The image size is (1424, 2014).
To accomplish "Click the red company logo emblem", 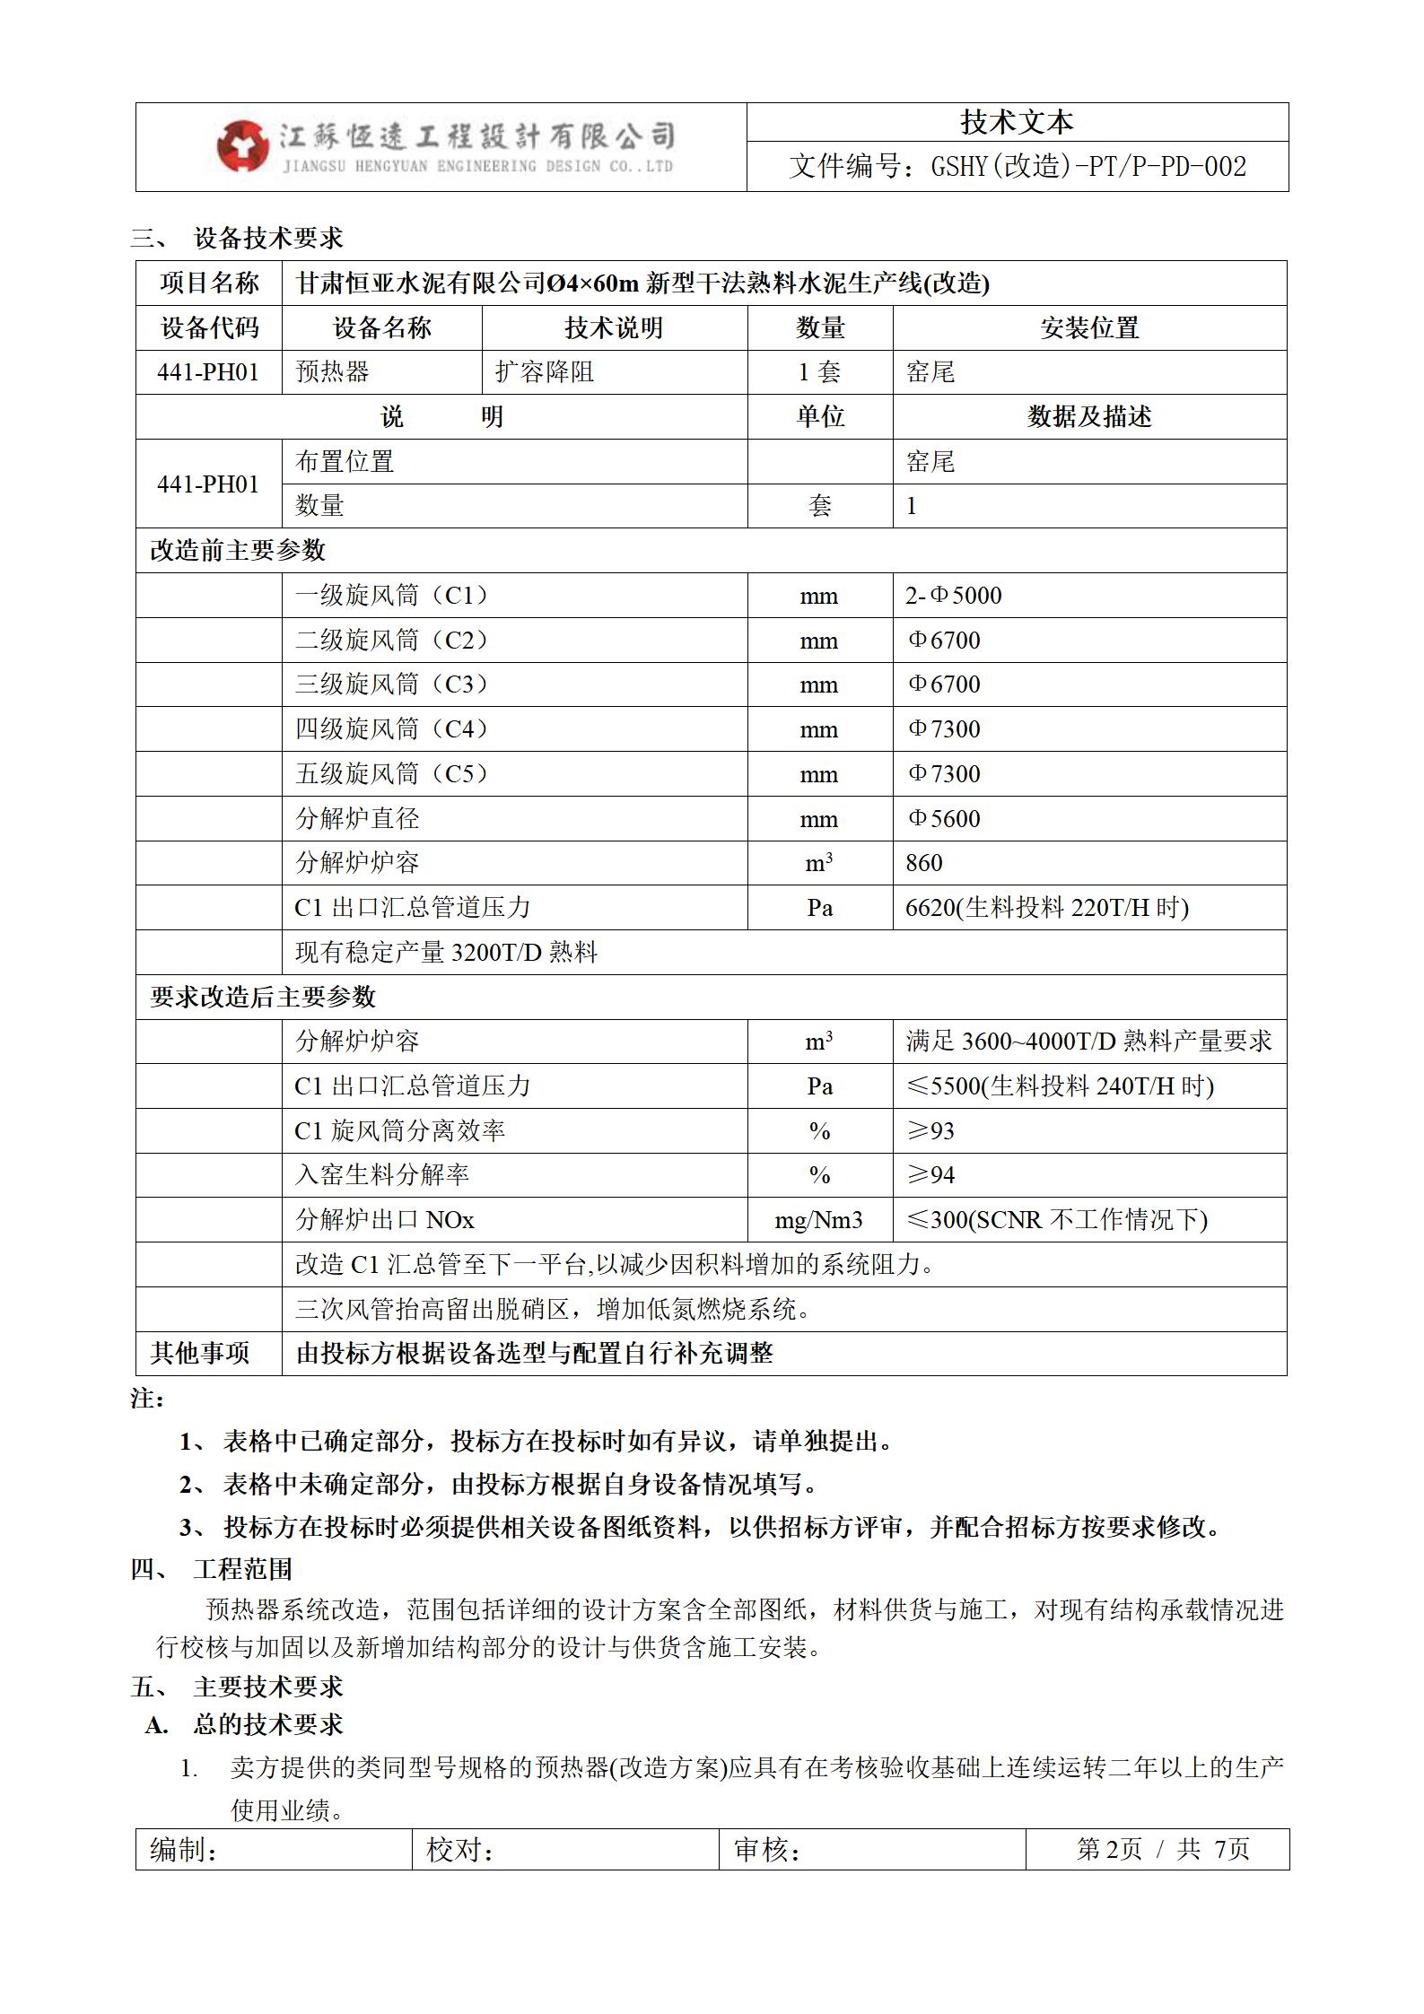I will (242, 146).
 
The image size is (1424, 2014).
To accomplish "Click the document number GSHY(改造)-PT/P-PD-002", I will (1017, 167).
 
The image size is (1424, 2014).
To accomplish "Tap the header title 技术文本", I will (1017, 122).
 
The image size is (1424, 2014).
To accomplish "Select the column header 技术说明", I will (614, 328).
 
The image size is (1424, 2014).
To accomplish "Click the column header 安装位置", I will (1088, 328).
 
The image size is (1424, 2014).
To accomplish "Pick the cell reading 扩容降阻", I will (545, 372).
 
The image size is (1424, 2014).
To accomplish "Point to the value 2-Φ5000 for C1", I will (953, 596).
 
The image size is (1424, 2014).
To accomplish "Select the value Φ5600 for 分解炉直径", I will (943, 819).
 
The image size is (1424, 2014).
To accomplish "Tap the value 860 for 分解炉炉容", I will (924, 863).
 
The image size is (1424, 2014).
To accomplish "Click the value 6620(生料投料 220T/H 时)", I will (1046, 908).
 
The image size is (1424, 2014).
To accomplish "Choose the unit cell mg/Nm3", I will (818, 1220).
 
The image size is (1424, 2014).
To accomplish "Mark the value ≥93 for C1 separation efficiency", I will (930, 1131).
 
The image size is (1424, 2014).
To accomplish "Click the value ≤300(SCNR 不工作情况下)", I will (1056, 1220).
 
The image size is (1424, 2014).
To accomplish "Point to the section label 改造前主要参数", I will (238, 551).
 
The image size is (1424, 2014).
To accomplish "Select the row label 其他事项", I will (200, 1354).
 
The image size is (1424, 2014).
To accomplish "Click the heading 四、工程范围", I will (212, 1569).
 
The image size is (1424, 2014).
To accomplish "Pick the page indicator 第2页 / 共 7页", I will (1162, 1850).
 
